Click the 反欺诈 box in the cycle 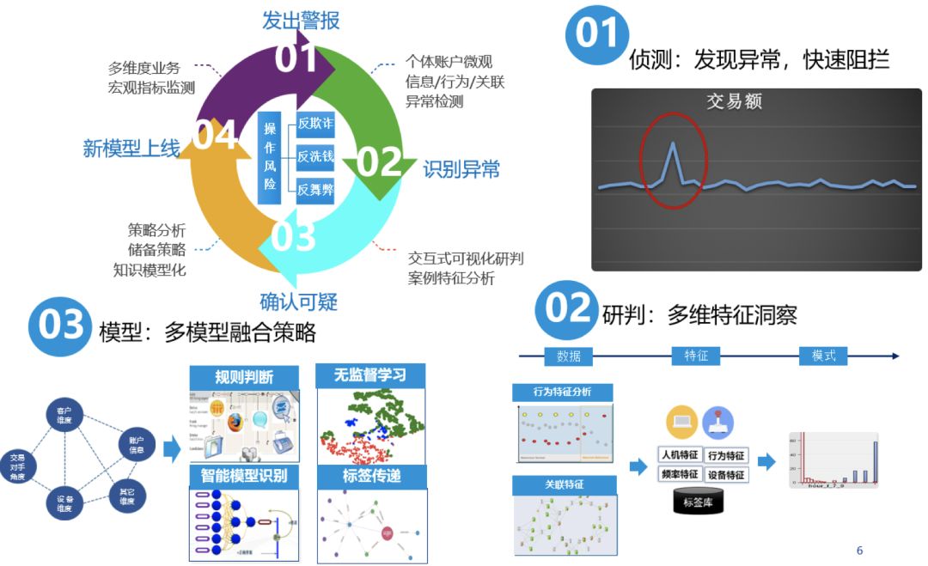tap(314, 124)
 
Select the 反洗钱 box tap(314, 156)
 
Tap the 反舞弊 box tap(314, 189)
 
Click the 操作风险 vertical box tap(270, 157)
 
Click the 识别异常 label tap(461, 169)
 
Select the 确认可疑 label tap(299, 301)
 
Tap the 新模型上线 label tap(131, 149)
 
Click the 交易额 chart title tap(734, 101)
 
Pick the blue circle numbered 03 tap(59, 326)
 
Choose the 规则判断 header tap(244, 377)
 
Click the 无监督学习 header tap(371, 375)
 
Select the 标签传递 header tap(371, 476)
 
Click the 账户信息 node tap(136, 445)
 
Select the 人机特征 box tap(679, 455)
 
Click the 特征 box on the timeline tap(696, 356)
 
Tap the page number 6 tap(859, 551)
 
